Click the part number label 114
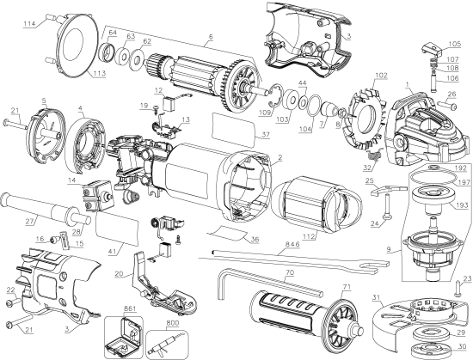pos(28,25)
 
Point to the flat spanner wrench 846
pos(284,255)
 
